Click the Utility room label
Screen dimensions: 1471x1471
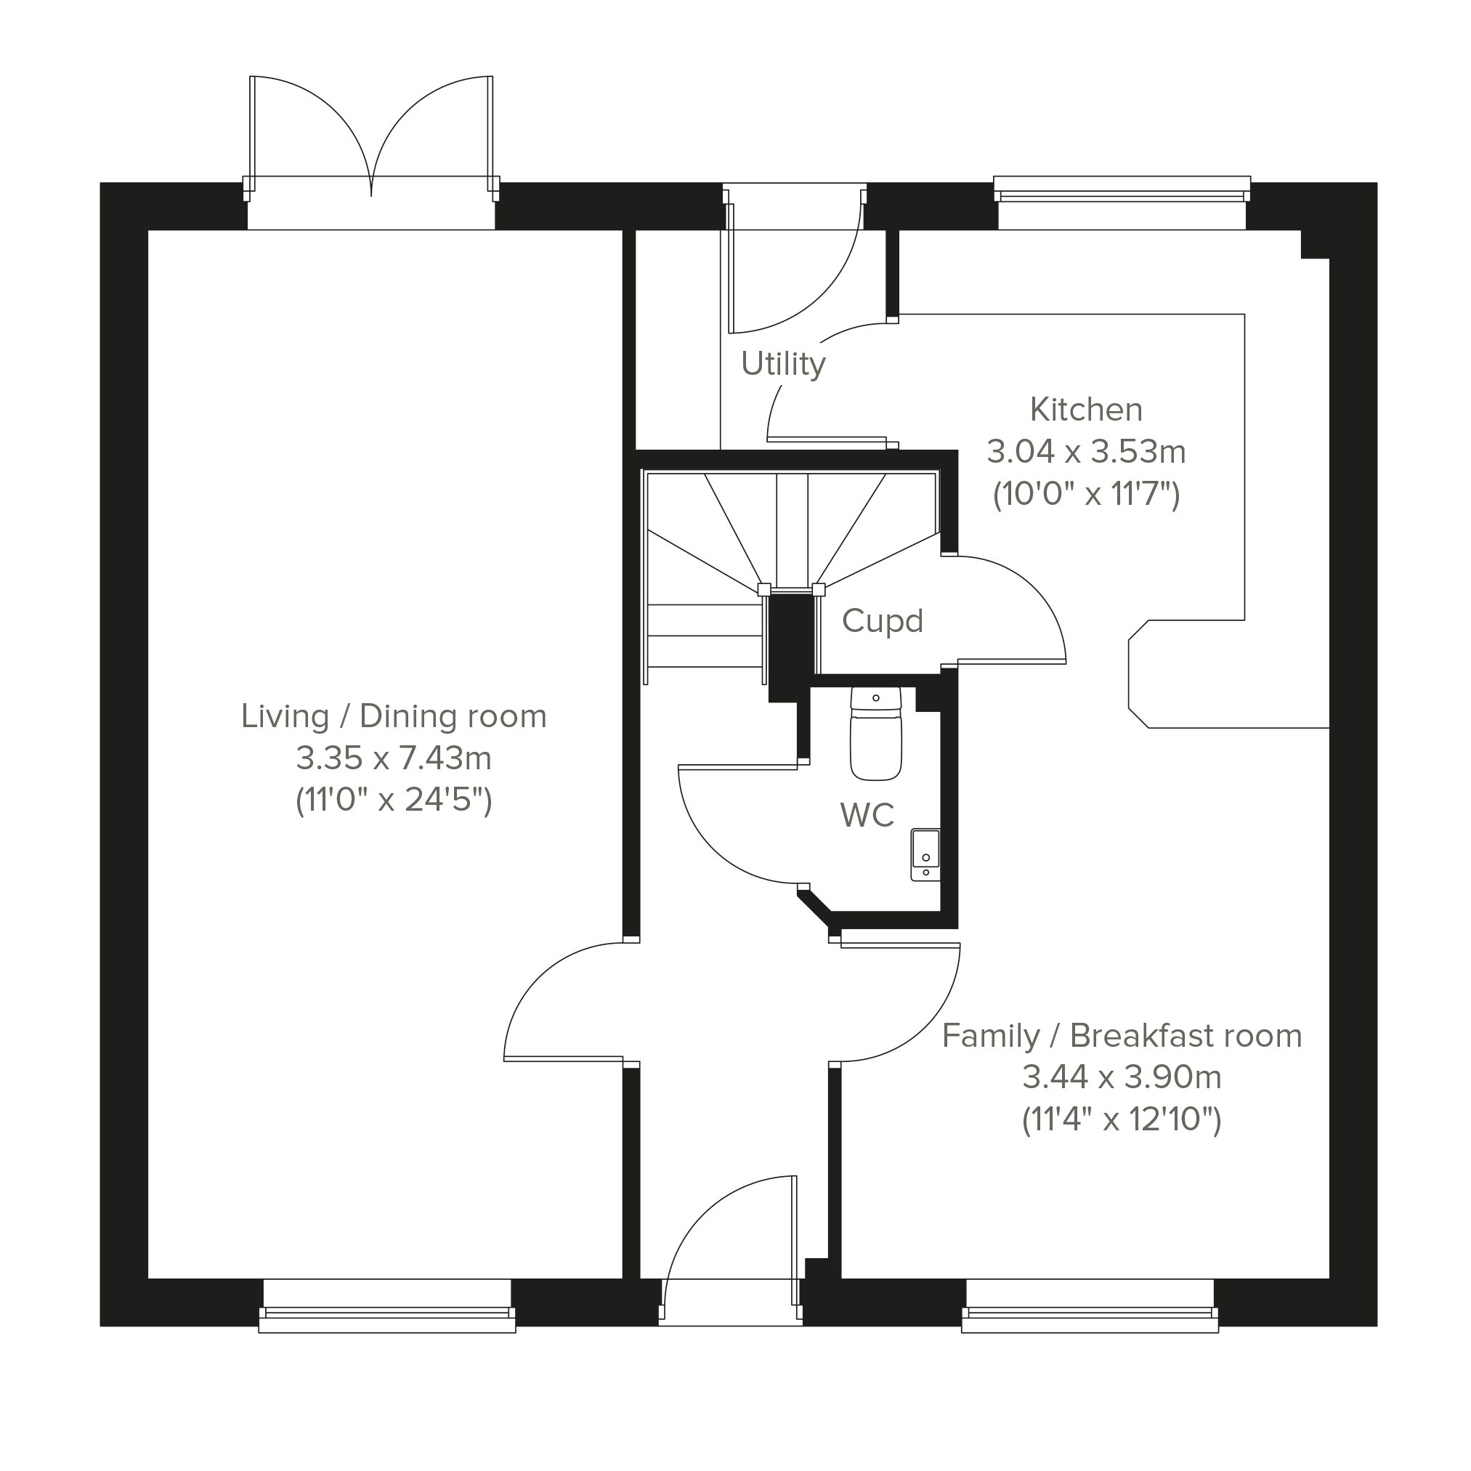[x=782, y=365]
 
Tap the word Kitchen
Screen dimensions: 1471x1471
[x=1086, y=410]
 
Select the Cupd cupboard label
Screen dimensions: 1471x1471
[x=883, y=621]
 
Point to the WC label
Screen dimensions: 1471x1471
[x=867, y=816]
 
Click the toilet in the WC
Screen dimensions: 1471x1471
[x=876, y=734]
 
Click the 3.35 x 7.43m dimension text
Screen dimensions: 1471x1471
[x=394, y=758]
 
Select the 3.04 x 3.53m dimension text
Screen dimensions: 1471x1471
[x=1086, y=453]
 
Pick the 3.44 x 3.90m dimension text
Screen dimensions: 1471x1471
[x=1122, y=1077]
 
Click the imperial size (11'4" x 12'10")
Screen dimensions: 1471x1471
[x=1122, y=1120]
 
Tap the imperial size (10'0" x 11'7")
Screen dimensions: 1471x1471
[x=1086, y=495]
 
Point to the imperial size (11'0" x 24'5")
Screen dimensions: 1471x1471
[x=394, y=801]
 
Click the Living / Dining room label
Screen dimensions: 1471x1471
[x=394, y=716]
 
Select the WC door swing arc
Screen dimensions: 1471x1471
[x=711, y=850]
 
